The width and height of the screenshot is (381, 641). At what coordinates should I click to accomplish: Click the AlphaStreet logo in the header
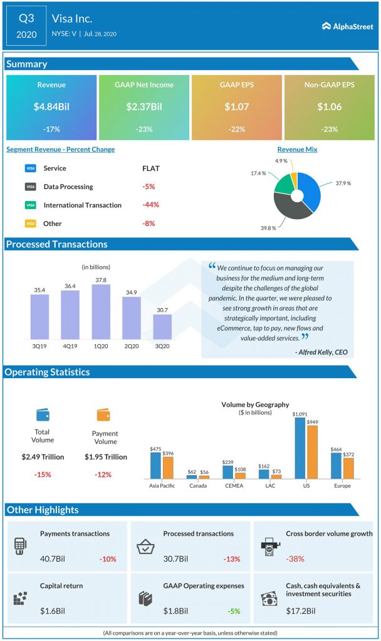(x=347, y=26)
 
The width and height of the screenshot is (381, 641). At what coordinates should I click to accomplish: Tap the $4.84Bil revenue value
(x=51, y=107)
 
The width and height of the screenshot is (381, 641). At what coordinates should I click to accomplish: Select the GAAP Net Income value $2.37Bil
(x=144, y=107)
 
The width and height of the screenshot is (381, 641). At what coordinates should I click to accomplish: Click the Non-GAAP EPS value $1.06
(x=328, y=107)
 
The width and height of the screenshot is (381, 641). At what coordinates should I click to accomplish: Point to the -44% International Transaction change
(x=150, y=205)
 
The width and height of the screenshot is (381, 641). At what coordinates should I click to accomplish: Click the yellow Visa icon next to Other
(x=30, y=223)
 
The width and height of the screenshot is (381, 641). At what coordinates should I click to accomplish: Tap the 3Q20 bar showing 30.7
(x=162, y=327)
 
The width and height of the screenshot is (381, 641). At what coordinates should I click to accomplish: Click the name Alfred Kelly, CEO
(x=320, y=353)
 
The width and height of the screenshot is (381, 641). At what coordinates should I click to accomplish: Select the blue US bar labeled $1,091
(x=300, y=448)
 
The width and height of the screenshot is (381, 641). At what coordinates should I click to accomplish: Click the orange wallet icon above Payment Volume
(x=104, y=414)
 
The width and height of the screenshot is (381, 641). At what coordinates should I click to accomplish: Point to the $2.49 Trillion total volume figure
(x=43, y=457)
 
